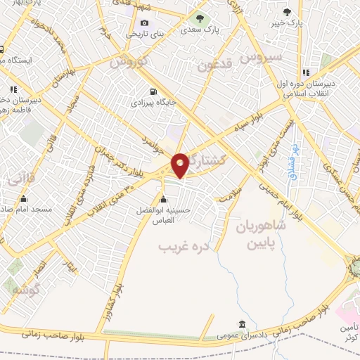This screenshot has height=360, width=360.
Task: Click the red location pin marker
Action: click(180, 164)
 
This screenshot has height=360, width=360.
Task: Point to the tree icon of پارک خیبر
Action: click(287, 11)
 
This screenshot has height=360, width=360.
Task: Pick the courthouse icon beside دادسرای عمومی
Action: click(243, 325)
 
